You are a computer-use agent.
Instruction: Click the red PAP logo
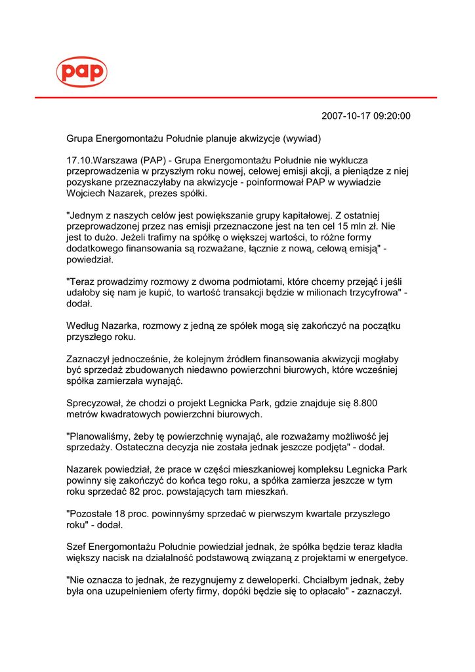coord(81,72)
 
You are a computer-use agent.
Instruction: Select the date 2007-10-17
coord(346,116)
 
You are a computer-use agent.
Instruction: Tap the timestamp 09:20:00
coord(391,116)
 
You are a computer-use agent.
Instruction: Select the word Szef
coord(76,547)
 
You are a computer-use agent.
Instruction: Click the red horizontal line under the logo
coord(236,98)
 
